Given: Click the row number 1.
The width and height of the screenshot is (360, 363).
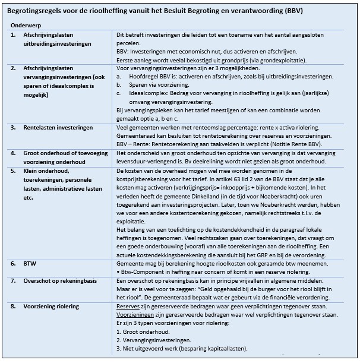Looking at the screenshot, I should [13, 36].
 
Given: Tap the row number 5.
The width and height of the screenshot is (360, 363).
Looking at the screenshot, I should [13, 171].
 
